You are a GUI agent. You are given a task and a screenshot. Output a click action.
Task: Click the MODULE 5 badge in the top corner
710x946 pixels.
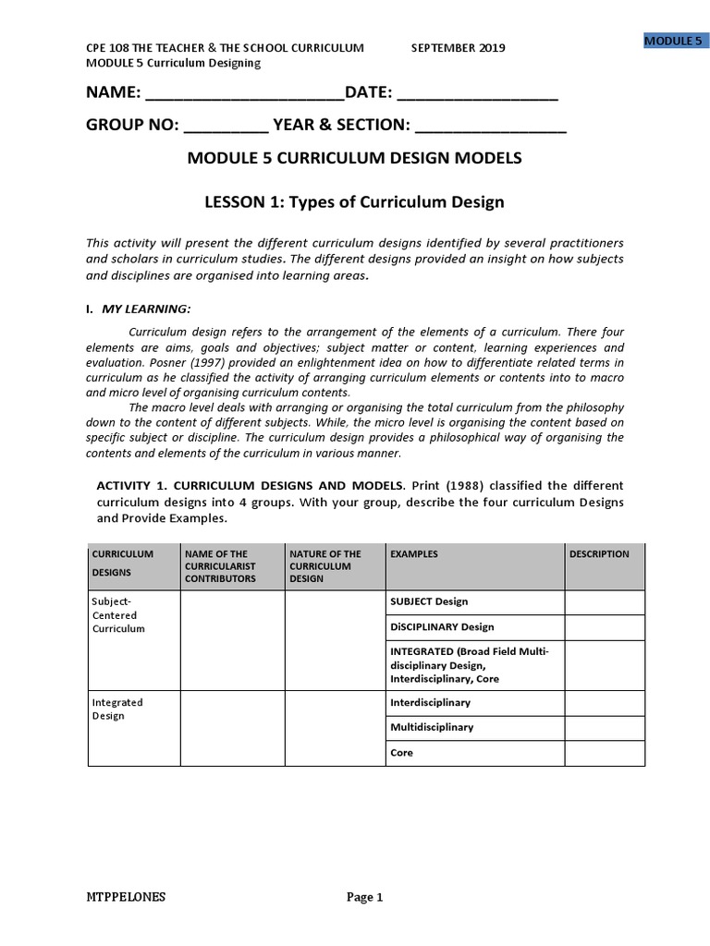click(673, 41)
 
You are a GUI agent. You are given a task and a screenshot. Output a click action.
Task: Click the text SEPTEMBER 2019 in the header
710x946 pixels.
click(458, 48)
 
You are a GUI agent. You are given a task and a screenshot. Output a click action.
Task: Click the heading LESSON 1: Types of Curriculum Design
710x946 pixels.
click(354, 201)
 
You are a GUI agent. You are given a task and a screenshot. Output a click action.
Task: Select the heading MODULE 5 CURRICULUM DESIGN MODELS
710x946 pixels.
click(354, 158)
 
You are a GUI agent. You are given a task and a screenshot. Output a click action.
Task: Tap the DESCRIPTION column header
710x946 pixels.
click(599, 554)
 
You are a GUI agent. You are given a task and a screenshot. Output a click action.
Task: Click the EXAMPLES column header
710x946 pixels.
click(414, 554)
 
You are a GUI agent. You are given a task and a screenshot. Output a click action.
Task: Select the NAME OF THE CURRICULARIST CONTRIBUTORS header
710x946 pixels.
click(220, 565)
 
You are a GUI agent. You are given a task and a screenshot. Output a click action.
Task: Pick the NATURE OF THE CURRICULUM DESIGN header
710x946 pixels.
click(324, 565)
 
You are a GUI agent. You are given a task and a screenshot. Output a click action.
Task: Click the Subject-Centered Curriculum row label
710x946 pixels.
click(118, 615)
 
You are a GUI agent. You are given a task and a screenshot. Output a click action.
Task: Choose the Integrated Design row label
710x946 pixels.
click(116, 709)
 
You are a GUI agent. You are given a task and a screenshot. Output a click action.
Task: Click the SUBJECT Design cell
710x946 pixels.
click(429, 601)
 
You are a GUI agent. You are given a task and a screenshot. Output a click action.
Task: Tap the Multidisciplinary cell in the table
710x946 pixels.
click(432, 727)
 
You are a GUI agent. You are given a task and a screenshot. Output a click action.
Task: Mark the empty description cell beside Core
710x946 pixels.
click(605, 753)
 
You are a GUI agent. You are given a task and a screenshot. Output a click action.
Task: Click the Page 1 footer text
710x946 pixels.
click(364, 897)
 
